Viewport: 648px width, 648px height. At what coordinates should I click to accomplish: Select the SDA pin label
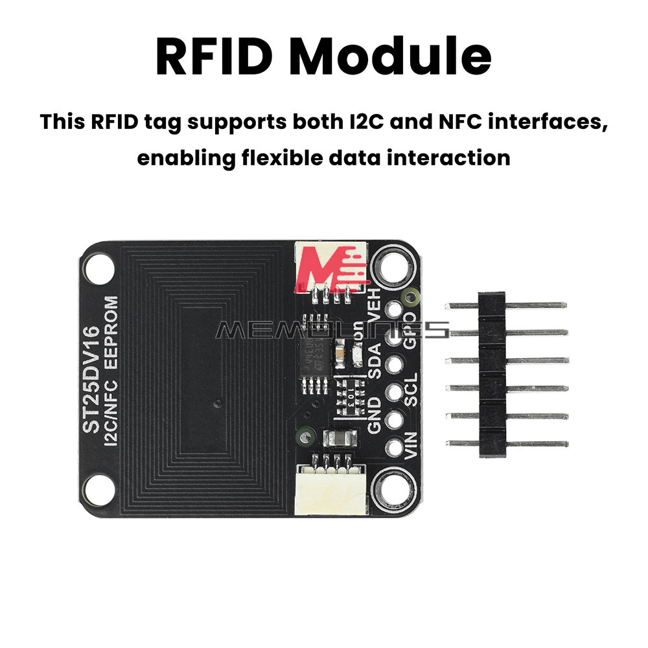pos(374,364)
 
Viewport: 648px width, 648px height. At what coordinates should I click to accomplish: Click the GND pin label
pos(374,416)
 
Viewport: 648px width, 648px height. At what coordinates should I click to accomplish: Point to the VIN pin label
pos(411,446)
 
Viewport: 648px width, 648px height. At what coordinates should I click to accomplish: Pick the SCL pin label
pos(411,391)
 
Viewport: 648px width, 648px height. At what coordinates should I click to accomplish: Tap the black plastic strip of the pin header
pos(492,375)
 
